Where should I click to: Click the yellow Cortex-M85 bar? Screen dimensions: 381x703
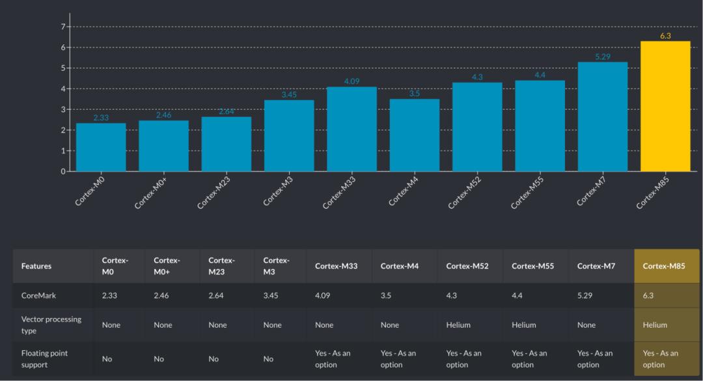click(x=665, y=107)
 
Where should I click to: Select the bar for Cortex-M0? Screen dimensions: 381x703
click(x=101, y=148)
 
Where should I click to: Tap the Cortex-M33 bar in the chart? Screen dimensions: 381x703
click(x=351, y=129)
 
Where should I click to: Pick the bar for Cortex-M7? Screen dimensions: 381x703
click(x=602, y=117)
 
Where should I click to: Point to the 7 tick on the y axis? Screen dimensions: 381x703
click(x=63, y=27)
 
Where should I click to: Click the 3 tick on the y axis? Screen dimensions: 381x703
click(x=63, y=109)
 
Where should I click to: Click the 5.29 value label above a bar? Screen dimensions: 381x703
click(x=603, y=57)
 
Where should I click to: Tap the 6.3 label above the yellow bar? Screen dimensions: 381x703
click(x=665, y=36)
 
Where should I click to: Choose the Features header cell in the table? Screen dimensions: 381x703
click(x=36, y=266)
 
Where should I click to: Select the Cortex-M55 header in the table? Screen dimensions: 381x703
click(x=532, y=266)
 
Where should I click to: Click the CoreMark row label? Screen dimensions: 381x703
click(x=39, y=295)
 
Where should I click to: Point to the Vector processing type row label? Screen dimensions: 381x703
click(x=51, y=324)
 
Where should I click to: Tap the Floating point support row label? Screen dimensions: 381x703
click(x=44, y=358)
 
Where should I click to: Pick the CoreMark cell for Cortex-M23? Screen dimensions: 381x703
click(x=216, y=295)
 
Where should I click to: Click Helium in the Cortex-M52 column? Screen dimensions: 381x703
click(x=458, y=324)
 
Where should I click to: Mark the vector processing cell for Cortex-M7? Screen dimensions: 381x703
click(x=586, y=324)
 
